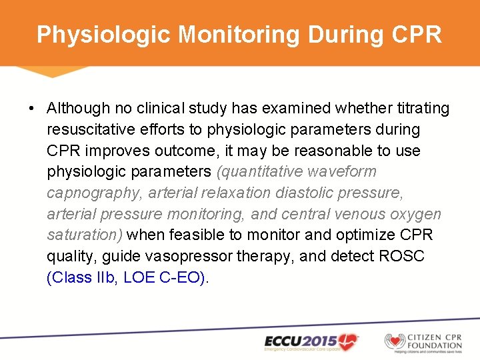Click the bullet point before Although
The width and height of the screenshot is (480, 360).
tap(31, 108)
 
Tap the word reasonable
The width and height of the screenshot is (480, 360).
tap(327, 151)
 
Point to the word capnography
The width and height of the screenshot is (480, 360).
tap(94, 193)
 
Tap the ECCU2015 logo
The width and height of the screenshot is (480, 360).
tap(311, 341)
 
